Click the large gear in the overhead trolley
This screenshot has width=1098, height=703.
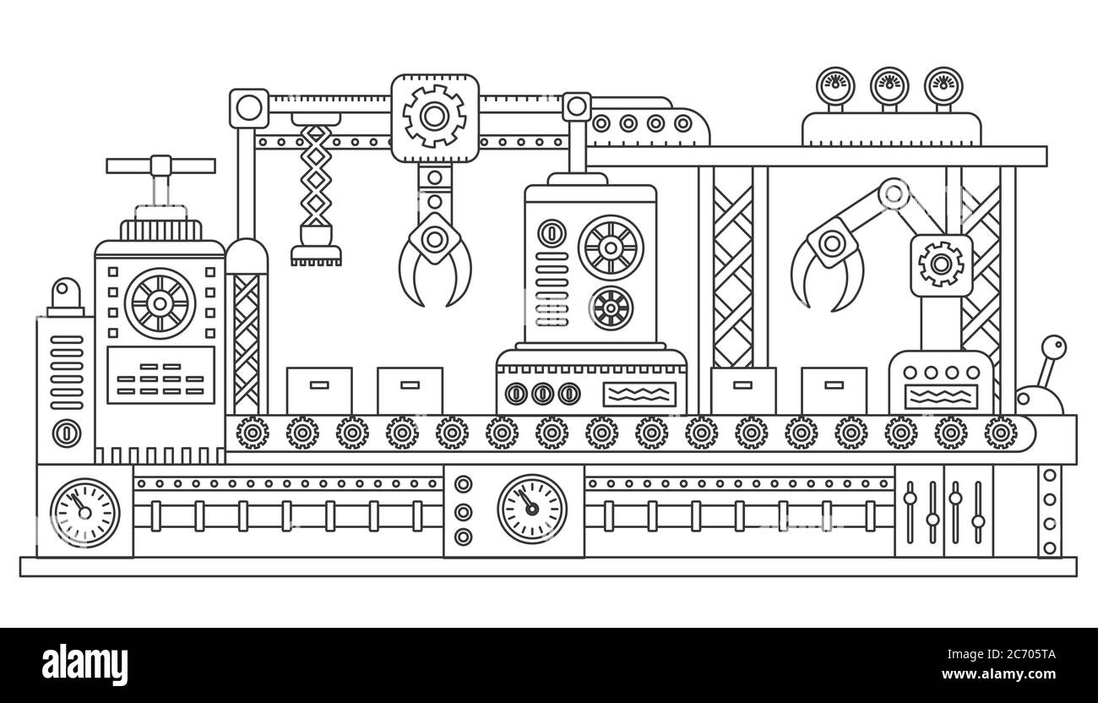point(434,117)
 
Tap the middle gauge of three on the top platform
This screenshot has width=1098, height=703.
point(889,86)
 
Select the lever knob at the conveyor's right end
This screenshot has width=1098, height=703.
point(1053,347)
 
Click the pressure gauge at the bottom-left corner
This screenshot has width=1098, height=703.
point(84,513)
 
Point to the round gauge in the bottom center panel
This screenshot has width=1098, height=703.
point(532,509)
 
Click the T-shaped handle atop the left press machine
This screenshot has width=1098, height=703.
point(160,166)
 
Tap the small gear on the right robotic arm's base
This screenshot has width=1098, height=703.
point(941,264)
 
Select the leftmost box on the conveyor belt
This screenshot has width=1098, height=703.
point(319,390)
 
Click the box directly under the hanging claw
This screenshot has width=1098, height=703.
point(410,390)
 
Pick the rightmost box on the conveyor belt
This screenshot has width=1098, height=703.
point(834,390)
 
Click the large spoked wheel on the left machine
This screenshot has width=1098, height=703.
point(160,304)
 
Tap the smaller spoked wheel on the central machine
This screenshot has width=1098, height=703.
point(611,308)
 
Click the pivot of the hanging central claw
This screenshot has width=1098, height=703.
point(434,240)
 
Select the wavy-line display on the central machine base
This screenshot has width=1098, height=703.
point(639,394)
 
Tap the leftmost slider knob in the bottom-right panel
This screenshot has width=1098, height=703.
point(910,499)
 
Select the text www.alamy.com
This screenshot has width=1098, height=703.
point(999,674)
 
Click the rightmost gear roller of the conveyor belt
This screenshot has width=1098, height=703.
point(1001,433)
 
